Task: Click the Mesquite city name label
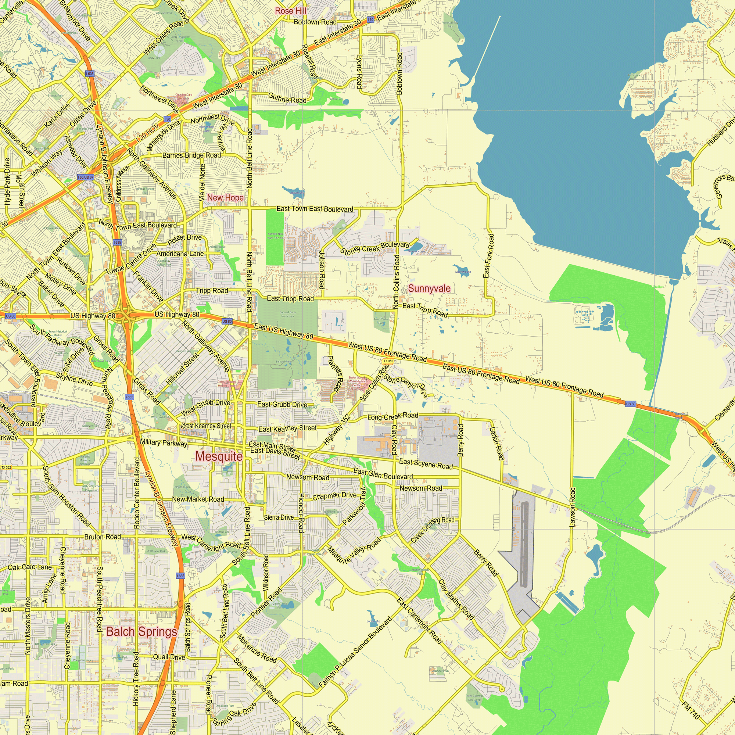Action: tap(219, 456)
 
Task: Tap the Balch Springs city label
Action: tap(141, 631)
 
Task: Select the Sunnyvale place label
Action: tap(429, 289)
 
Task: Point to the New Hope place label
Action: tap(225, 198)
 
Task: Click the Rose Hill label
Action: tap(291, 11)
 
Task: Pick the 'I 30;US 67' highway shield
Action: tap(86, 177)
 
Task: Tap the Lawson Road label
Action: tap(572, 507)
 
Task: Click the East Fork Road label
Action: tap(489, 256)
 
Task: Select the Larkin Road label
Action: tap(497, 443)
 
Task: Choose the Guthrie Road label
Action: tap(287, 98)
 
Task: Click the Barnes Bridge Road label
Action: tap(191, 155)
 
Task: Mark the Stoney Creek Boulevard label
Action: tap(375, 248)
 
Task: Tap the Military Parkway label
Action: tap(164, 443)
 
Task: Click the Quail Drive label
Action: tap(169, 657)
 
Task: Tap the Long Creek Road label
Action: tap(392, 416)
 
